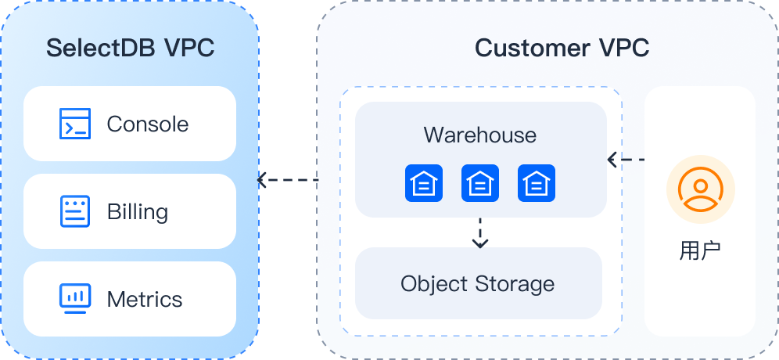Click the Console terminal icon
pyautogui.click(x=75, y=124)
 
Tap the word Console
pyautogui.click(x=147, y=124)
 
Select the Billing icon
pyautogui.click(x=75, y=211)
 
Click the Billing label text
pyautogui.click(x=138, y=211)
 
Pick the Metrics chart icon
pyautogui.click(x=75, y=299)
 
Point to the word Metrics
pyautogui.click(x=145, y=299)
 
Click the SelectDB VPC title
pyautogui.click(x=130, y=48)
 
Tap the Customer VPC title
pyautogui.click(x=562, y=48)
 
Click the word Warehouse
pyautogui.click(x=480, y=135)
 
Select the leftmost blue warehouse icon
pyautogui.click(x=423, y=184)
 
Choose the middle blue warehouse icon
pyautogui.click(x=480, y=184)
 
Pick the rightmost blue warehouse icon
pyautogui.click(x=537, y=184)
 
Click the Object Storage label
pyautogui.click(x=478, y=283)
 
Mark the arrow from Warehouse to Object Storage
pyautogui.click(x=480, y=233)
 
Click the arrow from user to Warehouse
pyautogui.click(x=625, y=160)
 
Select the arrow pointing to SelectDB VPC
pyautogui.click(x=287, y=180)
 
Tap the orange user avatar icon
pyautogui.click(x=700, y=191)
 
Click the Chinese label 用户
pyautogui.click(x=700, y=250)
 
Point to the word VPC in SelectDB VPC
pyautogui.click(x=189, y=48)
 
